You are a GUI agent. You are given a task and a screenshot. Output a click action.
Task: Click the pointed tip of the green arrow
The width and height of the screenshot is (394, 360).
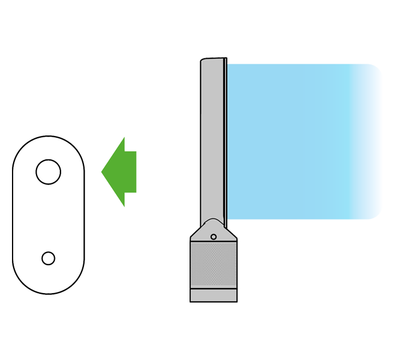click(x=103, y=171)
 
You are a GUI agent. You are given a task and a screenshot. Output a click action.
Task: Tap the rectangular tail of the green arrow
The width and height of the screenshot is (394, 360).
click(x=130, y=171)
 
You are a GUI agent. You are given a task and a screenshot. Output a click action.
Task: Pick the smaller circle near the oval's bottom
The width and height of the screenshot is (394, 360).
click(x=49, y=258)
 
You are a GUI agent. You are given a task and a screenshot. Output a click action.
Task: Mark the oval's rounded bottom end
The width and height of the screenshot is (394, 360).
click(x=49, y=293)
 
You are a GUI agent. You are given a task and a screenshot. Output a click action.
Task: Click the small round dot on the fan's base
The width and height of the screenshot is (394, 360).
click(x=213, y=237)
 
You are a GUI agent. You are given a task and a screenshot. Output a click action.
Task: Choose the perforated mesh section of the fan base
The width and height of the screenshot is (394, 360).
click(x=213, y=265)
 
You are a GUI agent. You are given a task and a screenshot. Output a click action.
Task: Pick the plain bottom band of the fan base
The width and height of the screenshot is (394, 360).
click(x=213, y=295)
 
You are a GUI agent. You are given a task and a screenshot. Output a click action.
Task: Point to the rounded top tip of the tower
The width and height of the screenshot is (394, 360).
click(x=212, y=59)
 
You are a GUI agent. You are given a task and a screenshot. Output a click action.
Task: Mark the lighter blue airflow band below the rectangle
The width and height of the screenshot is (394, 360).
click(x=337, y=257)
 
